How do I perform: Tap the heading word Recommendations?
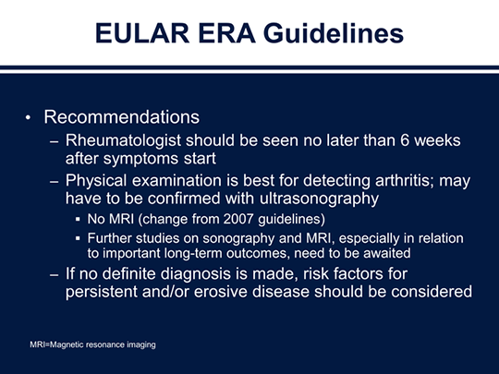point(121,118)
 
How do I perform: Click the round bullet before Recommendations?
point(29,119)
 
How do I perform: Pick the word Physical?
point(100,180)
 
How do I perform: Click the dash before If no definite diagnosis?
point(53,273)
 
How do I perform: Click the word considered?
point(431,292)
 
